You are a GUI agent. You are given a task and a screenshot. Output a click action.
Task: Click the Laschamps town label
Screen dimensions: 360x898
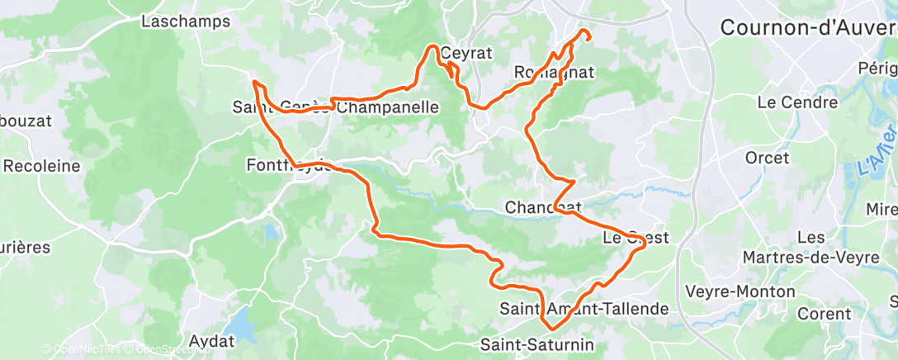(x=185, y=21)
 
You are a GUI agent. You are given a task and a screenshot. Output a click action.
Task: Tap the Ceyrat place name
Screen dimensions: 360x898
(x=466, y=53)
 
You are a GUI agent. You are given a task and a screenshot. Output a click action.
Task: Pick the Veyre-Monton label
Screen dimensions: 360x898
(x=740, y=291)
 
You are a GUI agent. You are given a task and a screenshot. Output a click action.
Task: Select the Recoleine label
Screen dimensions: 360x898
(x=41, y=165)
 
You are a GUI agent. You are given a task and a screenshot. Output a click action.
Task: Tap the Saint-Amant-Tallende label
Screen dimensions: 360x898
(x=584, y=309)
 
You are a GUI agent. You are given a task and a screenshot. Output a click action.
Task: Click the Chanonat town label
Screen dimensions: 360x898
(x=544, y=206)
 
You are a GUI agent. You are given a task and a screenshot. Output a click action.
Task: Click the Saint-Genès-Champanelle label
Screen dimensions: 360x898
(x=336, y=107)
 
